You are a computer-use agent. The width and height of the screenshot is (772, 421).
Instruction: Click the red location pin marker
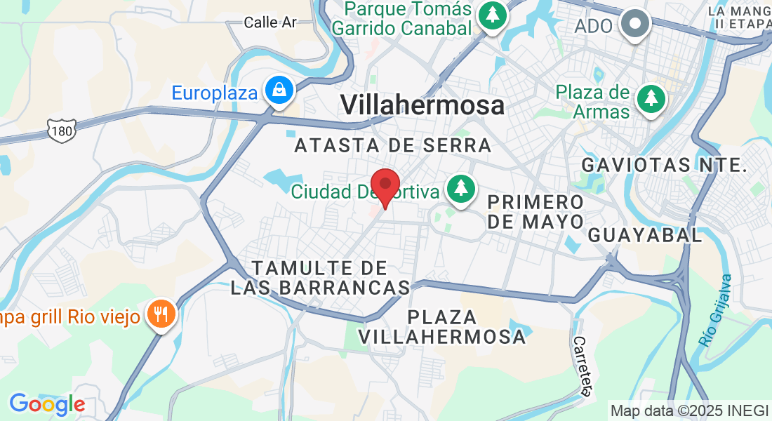pos(385,185)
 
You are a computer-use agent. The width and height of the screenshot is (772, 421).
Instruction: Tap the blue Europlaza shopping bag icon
pos(279,91)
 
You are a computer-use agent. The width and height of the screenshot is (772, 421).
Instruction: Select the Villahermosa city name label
pos(422,105)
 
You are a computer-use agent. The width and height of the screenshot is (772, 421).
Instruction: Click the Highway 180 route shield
pos(62,130)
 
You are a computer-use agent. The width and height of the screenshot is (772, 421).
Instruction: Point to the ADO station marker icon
pos(636,24)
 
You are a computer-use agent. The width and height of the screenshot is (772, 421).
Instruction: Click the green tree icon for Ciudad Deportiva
pos(460,189)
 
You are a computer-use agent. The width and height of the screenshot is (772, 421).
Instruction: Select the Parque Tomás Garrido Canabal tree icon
pos(493,15)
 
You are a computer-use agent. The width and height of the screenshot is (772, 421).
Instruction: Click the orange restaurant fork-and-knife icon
pos(162,314)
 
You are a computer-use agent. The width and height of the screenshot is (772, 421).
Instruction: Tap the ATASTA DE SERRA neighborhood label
pos(393,145)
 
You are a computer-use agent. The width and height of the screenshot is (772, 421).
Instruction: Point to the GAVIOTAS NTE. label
pos(663,165)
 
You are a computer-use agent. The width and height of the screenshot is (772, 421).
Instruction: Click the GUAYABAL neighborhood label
pos(645,235)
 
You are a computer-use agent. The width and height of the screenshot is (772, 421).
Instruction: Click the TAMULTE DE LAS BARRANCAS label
pos(321,278)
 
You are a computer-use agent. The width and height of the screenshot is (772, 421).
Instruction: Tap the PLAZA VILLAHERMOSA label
pos(442,326)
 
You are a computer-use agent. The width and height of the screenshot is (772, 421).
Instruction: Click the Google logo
pos(47,403)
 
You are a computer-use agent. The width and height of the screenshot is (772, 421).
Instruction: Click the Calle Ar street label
pos(270,22)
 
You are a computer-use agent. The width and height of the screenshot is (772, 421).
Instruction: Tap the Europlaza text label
pos(215,93)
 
